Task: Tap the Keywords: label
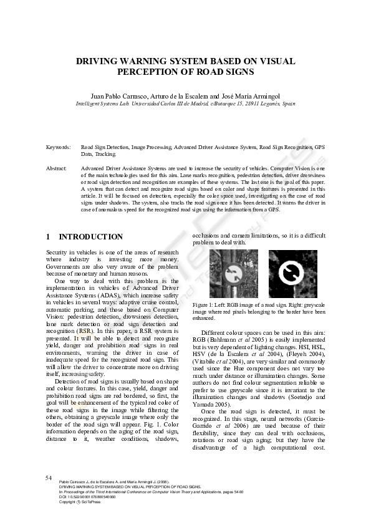[x=59, y=147]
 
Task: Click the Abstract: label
[x=57, y=169]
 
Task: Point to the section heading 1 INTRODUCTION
[x=84, y=237]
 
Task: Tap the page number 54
[x=49, y=478]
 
